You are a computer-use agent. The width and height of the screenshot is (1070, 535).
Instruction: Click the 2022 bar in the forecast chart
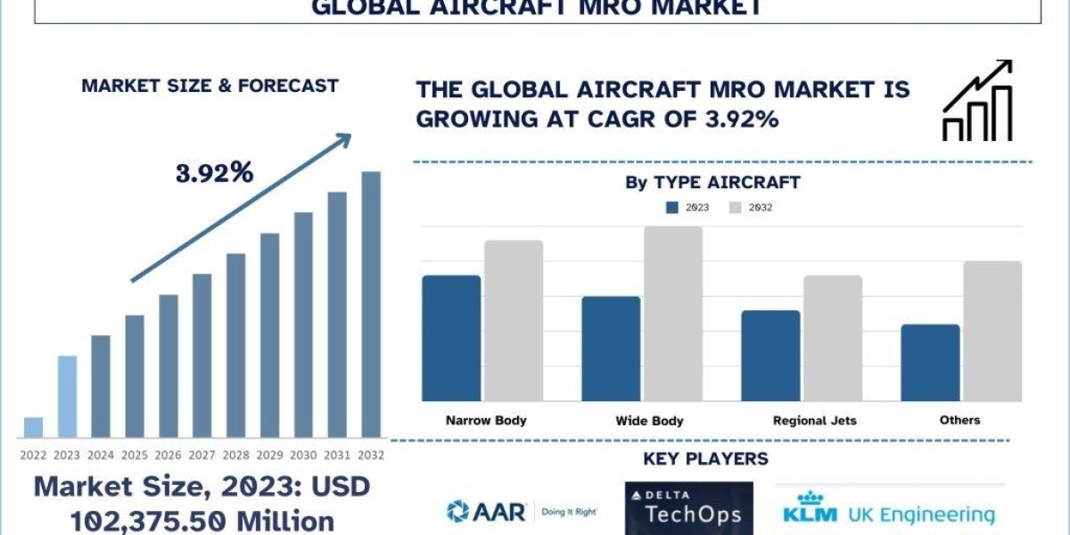pyautogui.click(x=33, y=427)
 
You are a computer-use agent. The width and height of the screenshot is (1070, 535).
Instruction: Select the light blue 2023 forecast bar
pyautogui.click(x=67, y=397)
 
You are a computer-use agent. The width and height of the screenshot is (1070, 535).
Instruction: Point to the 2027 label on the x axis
pyautogui.click(x=202, y=454)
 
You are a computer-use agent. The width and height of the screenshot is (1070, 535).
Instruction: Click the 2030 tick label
pyautogui.click(x=303, y=454)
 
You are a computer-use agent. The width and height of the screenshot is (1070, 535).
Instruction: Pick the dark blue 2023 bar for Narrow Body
pyautogui.click(x=451, y=338)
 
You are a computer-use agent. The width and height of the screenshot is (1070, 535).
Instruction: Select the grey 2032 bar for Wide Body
pyautogui.click(x=673, y=314)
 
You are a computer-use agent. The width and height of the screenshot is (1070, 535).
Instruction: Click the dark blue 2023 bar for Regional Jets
pyautogui.click(x=770, y=356)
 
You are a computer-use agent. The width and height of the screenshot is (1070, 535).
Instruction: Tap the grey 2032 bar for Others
pyautogui.click(x=992, y=331)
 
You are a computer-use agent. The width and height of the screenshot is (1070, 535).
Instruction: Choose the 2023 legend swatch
pyautogui.click(x=672, y=208)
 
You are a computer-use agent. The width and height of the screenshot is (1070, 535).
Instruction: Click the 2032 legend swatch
pyautogui.click(x=736, y=208)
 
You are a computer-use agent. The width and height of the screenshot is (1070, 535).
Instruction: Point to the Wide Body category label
pyautogui.click(x=649, y=420)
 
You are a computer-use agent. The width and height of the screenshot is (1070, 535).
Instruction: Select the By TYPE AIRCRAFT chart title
pyautogui.click(x=712, y=183)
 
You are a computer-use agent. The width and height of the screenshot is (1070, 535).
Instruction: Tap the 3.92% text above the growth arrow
pyautogui.click(x=214, y=173)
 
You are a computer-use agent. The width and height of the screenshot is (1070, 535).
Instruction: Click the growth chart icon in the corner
pyautogui.click(x=976, y=101)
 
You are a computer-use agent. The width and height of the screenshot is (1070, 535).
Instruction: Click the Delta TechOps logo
pyautogui.click(x=688, y=509)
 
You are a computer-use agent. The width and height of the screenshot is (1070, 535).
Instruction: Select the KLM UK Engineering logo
pyautogui.click(x=889, y=509)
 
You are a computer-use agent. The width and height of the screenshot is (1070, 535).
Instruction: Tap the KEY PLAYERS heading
pyautogui.click(x=705, y=459)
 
